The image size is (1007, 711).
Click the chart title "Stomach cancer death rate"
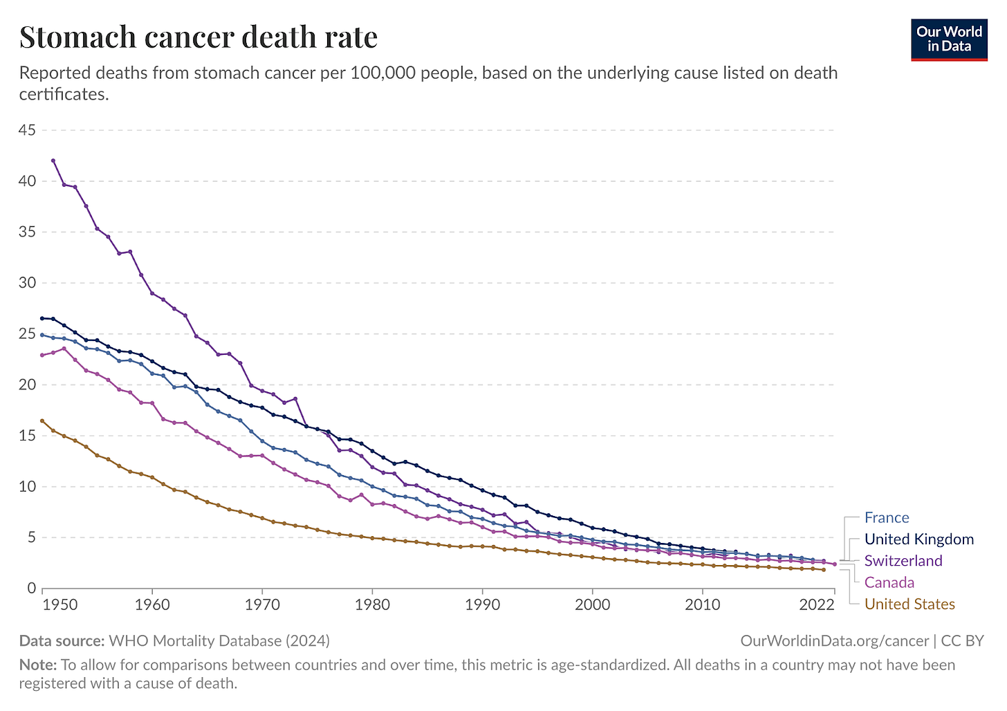[198, 37]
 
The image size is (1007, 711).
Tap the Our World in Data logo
[948, 39]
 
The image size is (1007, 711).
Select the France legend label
[886, 518]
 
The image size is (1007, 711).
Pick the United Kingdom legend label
[918, 539]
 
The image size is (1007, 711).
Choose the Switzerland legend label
[903, 561]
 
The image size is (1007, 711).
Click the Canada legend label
[889, 582]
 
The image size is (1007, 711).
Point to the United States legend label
[909, 604]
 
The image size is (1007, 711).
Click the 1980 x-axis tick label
[372, 605]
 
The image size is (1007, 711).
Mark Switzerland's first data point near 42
[53, 160]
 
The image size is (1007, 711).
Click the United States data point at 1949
[42, 421]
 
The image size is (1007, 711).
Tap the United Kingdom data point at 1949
[42, 318]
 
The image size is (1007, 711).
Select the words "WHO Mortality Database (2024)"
[219, 641]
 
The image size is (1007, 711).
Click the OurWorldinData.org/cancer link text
[834, 641]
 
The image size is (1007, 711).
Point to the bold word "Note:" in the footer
[37, 665]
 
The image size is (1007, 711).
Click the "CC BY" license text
[962, 641]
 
